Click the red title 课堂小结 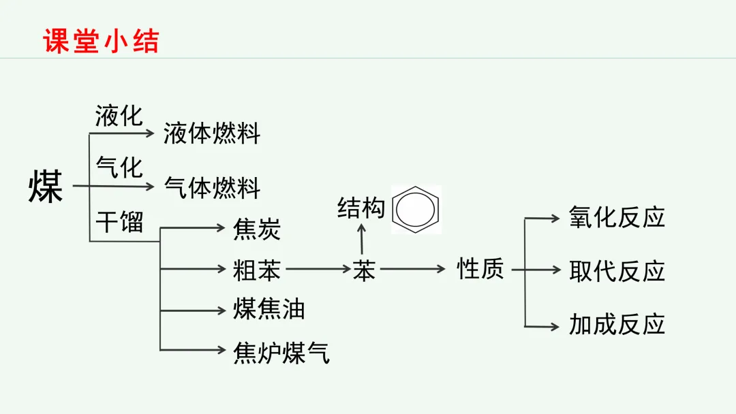click(x=101, y=41)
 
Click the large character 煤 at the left click(x=46, y=187)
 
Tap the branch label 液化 click(x=119, y=116)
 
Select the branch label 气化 click(x=119, y=167)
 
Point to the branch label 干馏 click(x=119, y=221)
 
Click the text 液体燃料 click(x=212, y=133)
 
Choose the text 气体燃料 click(x=212, y=187)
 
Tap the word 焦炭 click(x=257, y=229)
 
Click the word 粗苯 click(x=257, y=270)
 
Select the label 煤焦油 click(x=269, y=310)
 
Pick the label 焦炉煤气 click(x=281, y=352)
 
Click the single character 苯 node click(x=365, y=270)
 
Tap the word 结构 click(x=361, y=208)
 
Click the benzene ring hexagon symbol click(x=416, y=209)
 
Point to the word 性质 click(x=480, y=269)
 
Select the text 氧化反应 click(x=617, y=218)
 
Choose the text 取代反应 click(x=617, y=271)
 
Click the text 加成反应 click(x=617, y=324)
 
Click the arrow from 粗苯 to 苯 click(x=318, y=269)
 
